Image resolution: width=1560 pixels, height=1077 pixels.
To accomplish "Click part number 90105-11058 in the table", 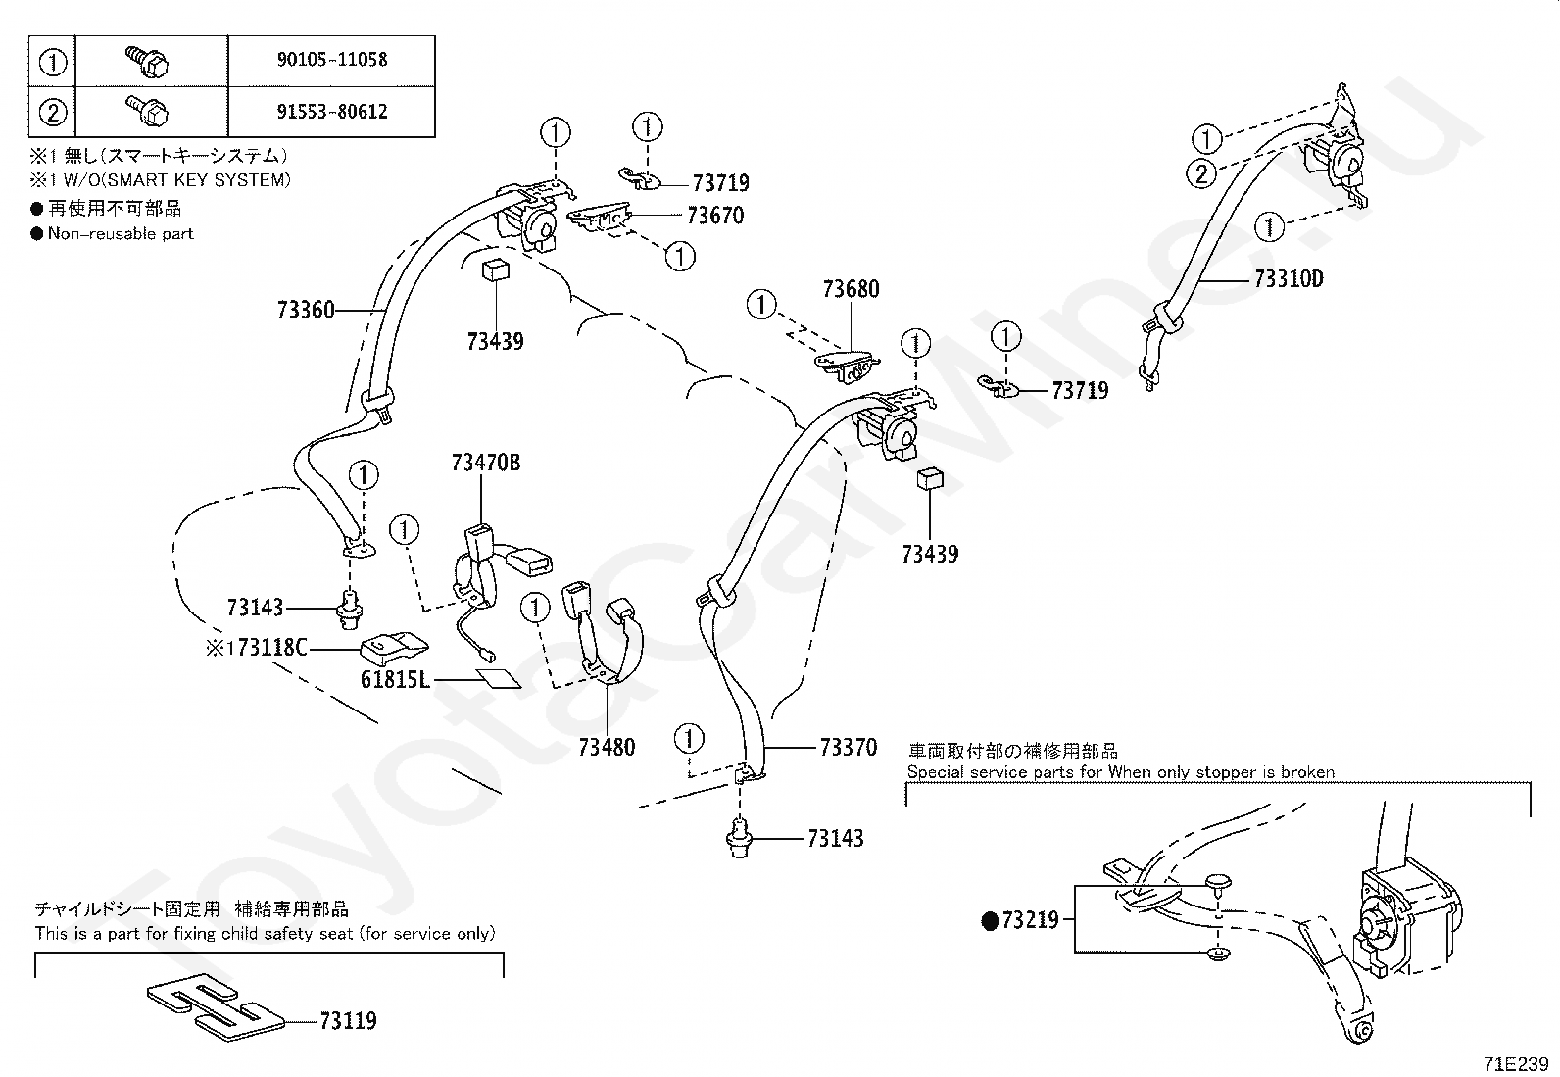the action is pyautogui.click(x=332, y=59).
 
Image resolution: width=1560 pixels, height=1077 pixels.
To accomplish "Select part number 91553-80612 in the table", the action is pyautogui.click(x=332, y=112).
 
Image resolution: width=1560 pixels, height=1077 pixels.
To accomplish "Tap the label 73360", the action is pyautogui.click(x=306, y=310).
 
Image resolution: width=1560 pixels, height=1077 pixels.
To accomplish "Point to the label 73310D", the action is pyautogui.click(x=1289, y=278).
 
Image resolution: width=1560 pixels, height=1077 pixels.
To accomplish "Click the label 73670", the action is pyautogui.click(x=715, y=216).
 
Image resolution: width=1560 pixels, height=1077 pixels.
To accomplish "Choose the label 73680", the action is pyautogui.click(x=851, y=288).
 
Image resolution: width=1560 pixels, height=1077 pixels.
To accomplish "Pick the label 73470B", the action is pyautogui.click(x=486, y=462).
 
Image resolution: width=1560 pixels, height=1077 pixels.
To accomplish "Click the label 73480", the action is pyautogui.click(x=607, y=747).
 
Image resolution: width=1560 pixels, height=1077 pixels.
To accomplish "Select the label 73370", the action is pyautogui.click(x=849, y=747).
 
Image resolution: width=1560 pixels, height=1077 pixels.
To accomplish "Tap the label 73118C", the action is pyautogui.click(x=271, y=647).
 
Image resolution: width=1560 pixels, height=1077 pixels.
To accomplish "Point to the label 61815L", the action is pyautogui.click(x=395, y=679).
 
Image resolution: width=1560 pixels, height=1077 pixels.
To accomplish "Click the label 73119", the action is pyautogui.click(x=348, y=1020).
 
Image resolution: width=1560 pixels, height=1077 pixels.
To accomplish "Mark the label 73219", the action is pyautogui.click(x=1030, y=920).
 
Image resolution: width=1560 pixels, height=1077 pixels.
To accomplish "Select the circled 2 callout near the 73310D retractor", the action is pyautogui.click(x=1201, y=173).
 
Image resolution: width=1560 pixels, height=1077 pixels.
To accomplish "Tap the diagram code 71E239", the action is pyautogui.click(x=1516, y=1063).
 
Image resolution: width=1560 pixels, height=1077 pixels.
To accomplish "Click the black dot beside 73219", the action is pyautogui.click(x=990, y=921).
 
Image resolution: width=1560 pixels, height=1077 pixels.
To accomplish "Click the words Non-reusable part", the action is pyautogui.click(x=121, y=233).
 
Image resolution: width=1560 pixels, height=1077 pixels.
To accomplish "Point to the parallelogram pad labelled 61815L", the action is pyautogui.click(x=499, y=678).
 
